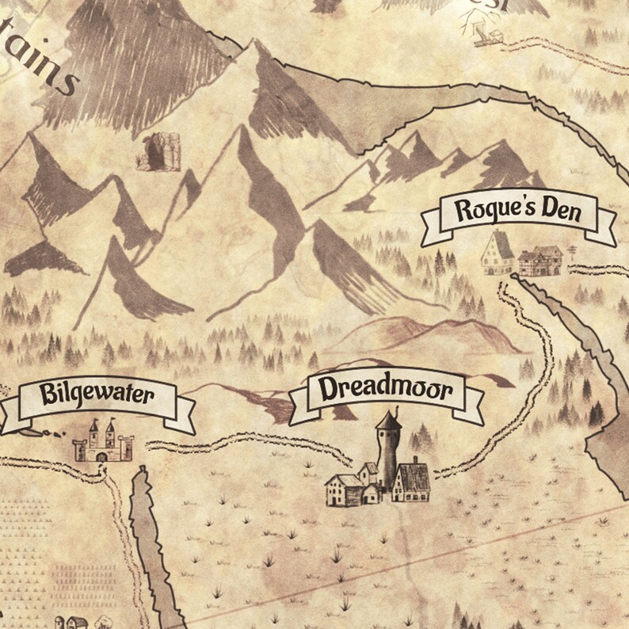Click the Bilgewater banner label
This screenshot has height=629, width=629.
click(97, 395)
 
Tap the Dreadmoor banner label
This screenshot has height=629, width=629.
click(386, 390)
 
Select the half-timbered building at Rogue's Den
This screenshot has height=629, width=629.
click(541, 259)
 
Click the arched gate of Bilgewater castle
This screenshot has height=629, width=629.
click(101, 456)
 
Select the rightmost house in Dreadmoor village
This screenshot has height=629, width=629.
click(412, 481)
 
